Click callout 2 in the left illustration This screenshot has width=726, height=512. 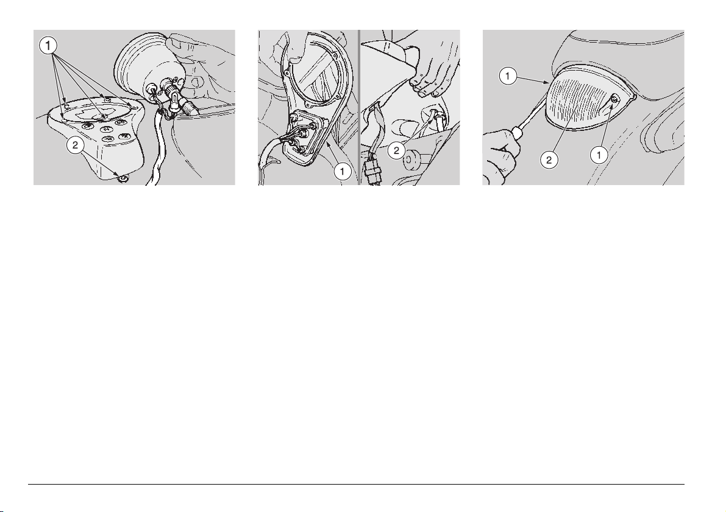pos(74,145)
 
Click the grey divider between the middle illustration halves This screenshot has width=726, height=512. pos(359,108)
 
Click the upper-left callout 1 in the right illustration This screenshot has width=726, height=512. pos(508,76)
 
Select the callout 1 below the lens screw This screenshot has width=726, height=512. pos(599,155)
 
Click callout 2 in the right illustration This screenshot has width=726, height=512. pos(549,160)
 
